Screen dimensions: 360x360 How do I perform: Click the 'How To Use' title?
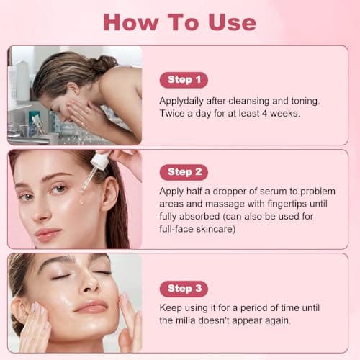(179, 22)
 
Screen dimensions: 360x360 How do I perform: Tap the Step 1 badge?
(184, 80)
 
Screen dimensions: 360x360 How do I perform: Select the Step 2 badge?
(184, 172)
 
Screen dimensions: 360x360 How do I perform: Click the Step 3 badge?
(184, 289)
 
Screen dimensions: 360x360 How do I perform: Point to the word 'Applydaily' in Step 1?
(183, 100)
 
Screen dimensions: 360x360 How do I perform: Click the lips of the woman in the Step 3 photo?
(91, 306)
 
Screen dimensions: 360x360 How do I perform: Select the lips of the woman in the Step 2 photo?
(48, 233)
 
